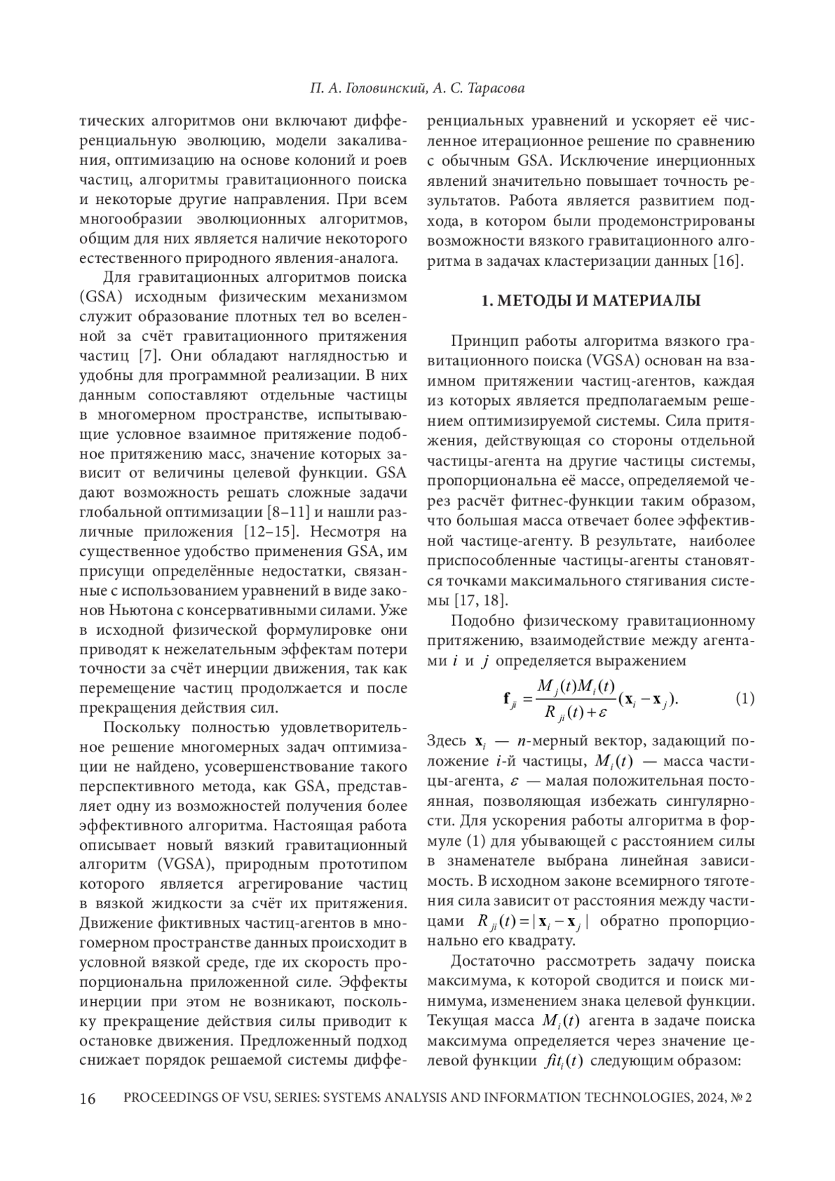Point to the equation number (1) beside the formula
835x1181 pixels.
[x=745, y=698]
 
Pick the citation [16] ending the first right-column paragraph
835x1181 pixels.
[x=729, y=262]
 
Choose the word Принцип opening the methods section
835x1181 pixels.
[x=481, y=342]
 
